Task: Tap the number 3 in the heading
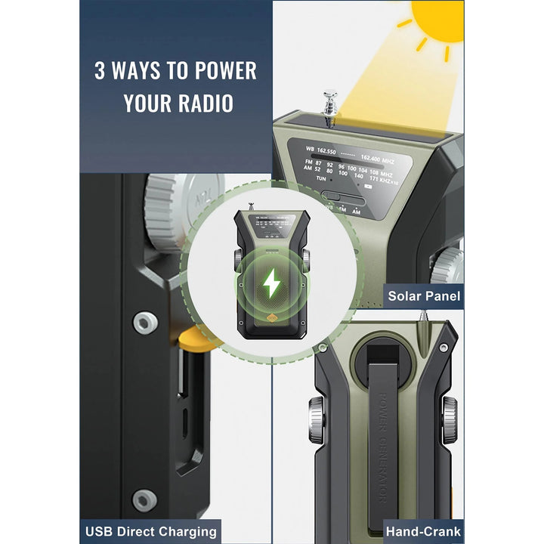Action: (x=100, y=72)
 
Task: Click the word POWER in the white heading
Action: (x=225, y=72)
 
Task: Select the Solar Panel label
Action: (x=424, y=295)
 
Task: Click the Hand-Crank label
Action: (x=424, y=531)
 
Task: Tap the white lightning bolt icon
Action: (x=270, y=283)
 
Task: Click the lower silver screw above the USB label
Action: (x=144, y=499)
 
